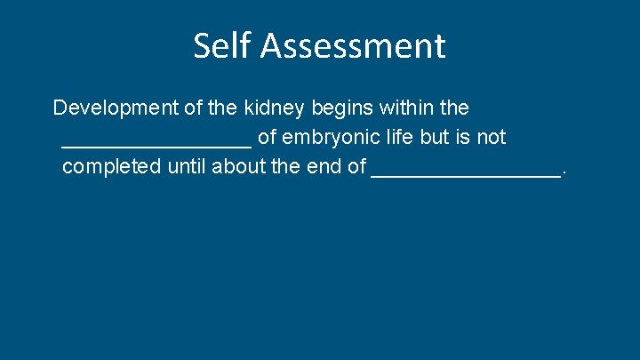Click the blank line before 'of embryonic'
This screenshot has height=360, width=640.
[x=156, y=145]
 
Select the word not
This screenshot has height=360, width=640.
[x=491, y=138]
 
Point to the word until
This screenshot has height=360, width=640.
[x=184, y=167]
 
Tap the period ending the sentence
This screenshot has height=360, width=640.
[x=564, y=172]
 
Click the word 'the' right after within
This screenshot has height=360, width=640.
[x=454, y=108]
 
